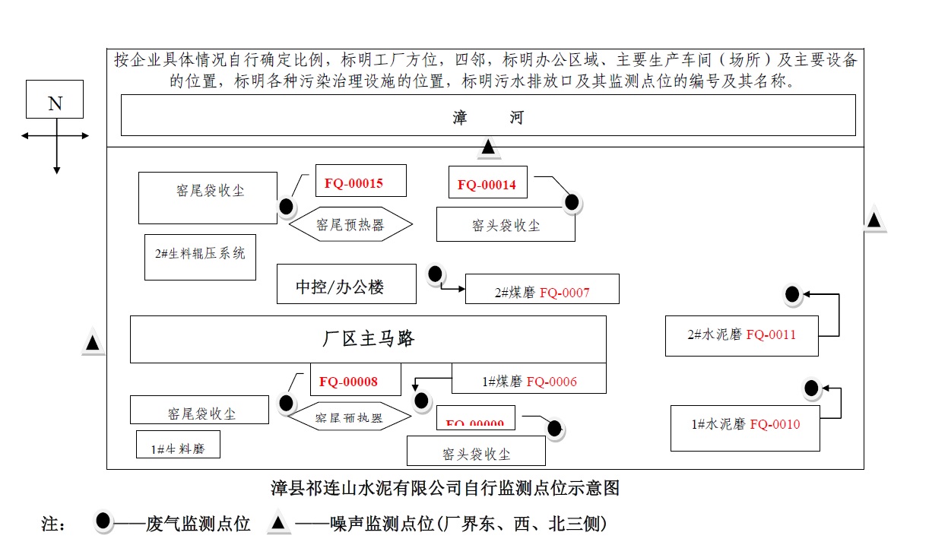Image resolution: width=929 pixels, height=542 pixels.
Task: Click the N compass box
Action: tap(55, 99)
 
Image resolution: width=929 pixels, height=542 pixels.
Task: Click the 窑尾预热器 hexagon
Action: tap(350, 224)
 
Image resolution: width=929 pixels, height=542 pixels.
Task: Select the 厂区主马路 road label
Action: tap(368, 339)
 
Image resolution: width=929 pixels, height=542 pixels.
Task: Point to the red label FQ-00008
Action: tap(355, 379)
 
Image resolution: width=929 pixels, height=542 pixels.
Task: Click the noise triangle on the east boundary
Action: tap(874, 220)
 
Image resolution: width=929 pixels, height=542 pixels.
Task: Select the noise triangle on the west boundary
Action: tap(93, 344)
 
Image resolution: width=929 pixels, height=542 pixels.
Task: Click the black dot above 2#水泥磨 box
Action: tap(792, 294)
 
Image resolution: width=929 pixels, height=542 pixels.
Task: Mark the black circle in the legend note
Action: tap(103, 521)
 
